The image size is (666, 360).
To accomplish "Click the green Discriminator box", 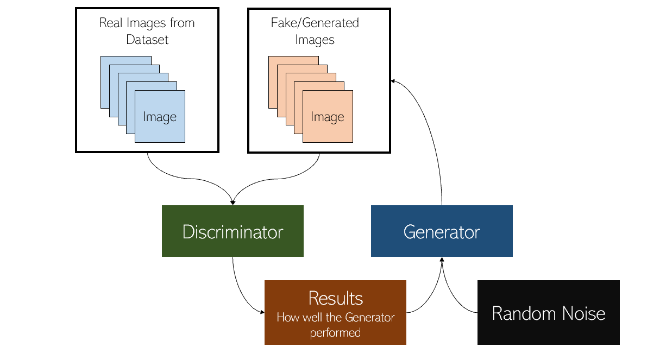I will tap(233, 231).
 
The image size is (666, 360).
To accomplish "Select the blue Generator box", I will tap(442, 231).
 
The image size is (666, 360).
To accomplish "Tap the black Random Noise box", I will tap(548, 313).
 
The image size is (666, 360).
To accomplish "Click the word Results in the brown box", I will tap(335, 298).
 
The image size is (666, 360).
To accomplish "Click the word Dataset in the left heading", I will tap(147, 40).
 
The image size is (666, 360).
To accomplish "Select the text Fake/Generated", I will tap(315, 23).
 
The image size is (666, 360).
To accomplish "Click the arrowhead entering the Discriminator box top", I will tap(233, 203).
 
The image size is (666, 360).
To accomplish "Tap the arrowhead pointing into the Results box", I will tap(262, 312).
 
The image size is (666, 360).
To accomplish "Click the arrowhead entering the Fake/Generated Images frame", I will tap(392, 80).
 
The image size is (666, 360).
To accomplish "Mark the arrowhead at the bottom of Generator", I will tap(442, 260).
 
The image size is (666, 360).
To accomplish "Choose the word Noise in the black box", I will tap(582, 313).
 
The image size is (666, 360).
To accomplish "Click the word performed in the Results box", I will tap(335, 332).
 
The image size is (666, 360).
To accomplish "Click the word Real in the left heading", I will tap(110, 23).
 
